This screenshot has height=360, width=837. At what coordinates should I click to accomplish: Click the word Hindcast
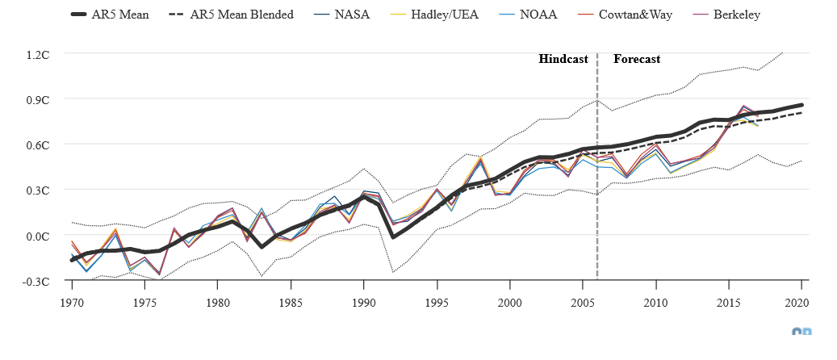click(x=563, y=59)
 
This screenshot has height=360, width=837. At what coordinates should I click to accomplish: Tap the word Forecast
click(x=637, y=59)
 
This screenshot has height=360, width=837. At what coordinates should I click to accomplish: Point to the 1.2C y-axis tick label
click(x=39, y=54)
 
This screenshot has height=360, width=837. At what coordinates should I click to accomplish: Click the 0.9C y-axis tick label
click(x=39, y=99)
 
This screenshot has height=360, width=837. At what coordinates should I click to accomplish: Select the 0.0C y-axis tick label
click(x=39, y=236)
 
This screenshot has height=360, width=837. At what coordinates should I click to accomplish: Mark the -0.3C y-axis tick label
click(x=37, y=281)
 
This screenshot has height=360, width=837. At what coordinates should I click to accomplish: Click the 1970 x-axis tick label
click(x=72, y=303)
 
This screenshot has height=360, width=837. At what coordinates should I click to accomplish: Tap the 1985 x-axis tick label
click(x=291, y=303)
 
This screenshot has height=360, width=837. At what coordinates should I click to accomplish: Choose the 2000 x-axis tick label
click(x=509, y=303)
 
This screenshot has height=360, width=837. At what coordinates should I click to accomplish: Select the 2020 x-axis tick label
click(x=801, y=303)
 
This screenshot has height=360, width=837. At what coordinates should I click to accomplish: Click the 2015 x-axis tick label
click(x=728, y=303)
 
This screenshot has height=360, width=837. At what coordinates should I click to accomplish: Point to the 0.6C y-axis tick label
click(x=39, y=144)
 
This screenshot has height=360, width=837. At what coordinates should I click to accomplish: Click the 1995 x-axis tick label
click(x=437, y=303)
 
